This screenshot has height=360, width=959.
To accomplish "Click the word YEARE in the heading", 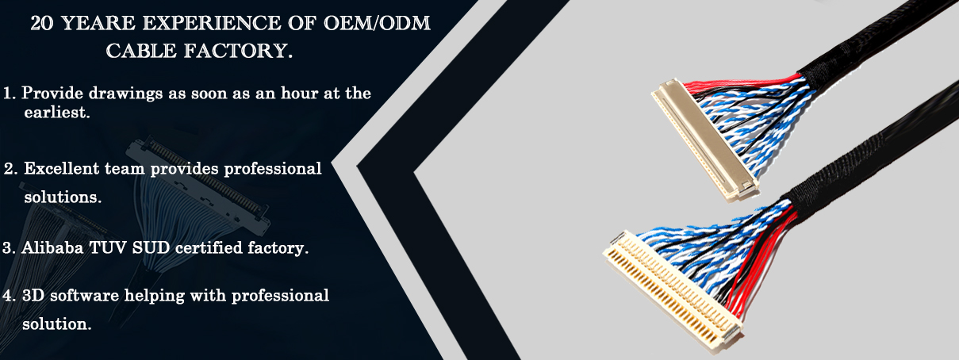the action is tap(99, 23).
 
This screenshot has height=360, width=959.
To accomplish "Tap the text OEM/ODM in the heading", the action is tap(376, 23).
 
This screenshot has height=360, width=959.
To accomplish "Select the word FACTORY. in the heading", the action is tap(239, 51).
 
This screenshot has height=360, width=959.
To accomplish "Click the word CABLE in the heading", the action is tap(141, 51).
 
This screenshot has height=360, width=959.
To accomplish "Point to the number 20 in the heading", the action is tap(42, 23).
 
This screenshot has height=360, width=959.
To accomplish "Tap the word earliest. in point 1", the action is tap(57, 113).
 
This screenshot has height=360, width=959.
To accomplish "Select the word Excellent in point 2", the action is tap(62, 168).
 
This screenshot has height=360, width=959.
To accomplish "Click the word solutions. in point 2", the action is tap(63, 197).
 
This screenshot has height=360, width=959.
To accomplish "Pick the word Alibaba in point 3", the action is tap(52, 247).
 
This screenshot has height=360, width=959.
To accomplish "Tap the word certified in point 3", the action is tap(209, 248).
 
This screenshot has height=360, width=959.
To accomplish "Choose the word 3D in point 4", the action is tap(33, 295).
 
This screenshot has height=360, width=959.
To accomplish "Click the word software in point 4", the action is tap(84, 295).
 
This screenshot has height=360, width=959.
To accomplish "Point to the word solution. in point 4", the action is tap(57, 324).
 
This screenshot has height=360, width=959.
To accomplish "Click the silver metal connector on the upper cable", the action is tap(705, 140).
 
